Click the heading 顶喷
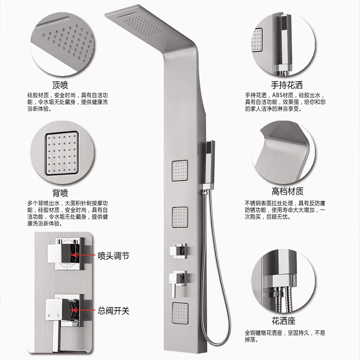pos(60,85)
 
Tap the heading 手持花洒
pos(287,85)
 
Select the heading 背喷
pos(60,193)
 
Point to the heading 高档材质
pos(288,191)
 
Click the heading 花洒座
pos(283,321)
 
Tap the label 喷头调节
pos(113,256)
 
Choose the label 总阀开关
pos(113,311)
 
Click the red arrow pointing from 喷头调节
pos(83,255)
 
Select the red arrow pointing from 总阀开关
pos(83,310)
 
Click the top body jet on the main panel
pos(180,171)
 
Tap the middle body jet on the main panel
pos(180,217)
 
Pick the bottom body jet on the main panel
pos(180,313)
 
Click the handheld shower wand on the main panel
pos(210,164)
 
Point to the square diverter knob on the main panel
pos(178,251)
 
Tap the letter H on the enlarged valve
pos(49,316)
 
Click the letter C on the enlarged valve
pos(58,316)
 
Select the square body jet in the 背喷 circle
pos(62,153)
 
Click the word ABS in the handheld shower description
pos(277,95)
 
